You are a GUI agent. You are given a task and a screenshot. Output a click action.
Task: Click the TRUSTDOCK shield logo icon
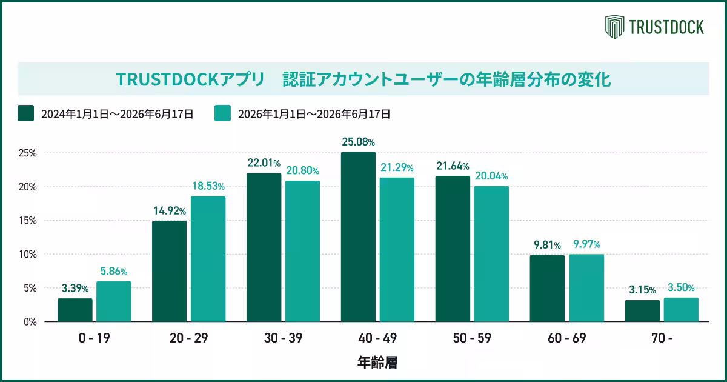pos(614,27)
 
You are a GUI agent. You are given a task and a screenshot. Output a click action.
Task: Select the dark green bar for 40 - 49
pos(358,237)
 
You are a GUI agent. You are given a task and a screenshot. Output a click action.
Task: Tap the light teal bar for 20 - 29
pos(208,259)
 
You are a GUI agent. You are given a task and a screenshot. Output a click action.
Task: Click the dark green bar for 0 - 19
pos(75,310)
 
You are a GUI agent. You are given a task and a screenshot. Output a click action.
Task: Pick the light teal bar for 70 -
pos(681,310)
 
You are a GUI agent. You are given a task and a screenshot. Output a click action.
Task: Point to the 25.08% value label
pos(358,142)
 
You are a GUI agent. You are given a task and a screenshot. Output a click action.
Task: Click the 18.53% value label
pos(208,186)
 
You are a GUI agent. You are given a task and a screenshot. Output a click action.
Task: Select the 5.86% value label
pos(114,271)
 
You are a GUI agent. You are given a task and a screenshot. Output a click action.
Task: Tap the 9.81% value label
pos(547,244)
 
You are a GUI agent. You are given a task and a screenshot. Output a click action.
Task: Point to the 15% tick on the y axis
pos(28,221)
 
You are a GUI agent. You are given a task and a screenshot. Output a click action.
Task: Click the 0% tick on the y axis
pos(30,322)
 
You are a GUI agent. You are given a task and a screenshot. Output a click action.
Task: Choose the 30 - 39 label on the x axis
pos(283,338)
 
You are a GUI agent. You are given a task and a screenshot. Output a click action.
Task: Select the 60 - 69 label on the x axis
pos(566,338)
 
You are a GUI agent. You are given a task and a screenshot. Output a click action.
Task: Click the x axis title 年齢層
pos(377,362)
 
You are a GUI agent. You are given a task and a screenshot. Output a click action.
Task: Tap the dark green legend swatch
pos(25,113)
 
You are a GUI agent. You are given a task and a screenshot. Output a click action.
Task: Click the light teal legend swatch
pos(223,113)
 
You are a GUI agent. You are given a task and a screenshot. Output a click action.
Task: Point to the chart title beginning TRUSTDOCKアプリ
pos(363,79)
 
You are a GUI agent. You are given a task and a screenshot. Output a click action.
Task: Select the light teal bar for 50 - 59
pos(491,253)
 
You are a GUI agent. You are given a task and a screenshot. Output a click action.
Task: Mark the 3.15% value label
pos(642,289)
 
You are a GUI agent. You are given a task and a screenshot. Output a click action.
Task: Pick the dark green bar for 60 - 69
pos(547,289)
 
